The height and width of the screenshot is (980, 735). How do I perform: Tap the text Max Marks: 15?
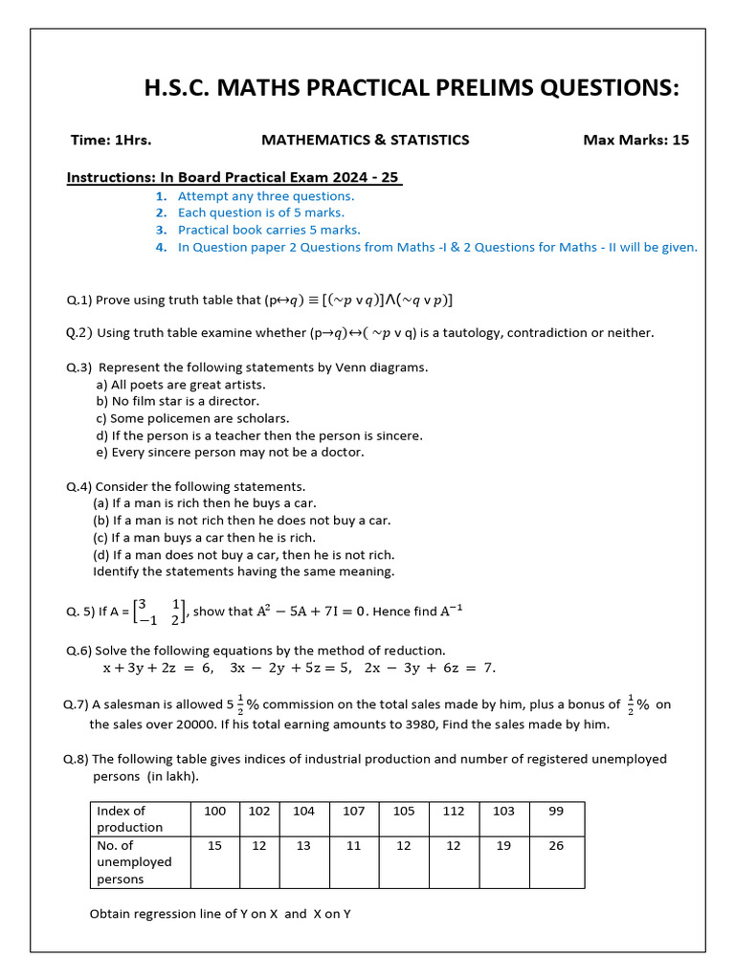point(635,140)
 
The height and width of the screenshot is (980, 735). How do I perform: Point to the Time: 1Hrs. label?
point(111,140)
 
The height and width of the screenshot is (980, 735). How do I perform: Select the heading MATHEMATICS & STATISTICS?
point(366,140)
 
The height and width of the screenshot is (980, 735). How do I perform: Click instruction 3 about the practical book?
point(269,230)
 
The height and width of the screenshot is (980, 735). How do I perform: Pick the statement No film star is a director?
point(178,401)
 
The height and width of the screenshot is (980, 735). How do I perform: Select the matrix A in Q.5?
point(159,611)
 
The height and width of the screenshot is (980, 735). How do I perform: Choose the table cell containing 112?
point(454,811)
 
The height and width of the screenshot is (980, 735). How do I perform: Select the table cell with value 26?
point(556,845)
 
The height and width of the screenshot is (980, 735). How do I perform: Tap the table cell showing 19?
point(503,845)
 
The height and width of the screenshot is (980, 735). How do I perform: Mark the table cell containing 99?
point(556,811)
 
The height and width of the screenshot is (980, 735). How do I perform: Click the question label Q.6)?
point(78,650)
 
